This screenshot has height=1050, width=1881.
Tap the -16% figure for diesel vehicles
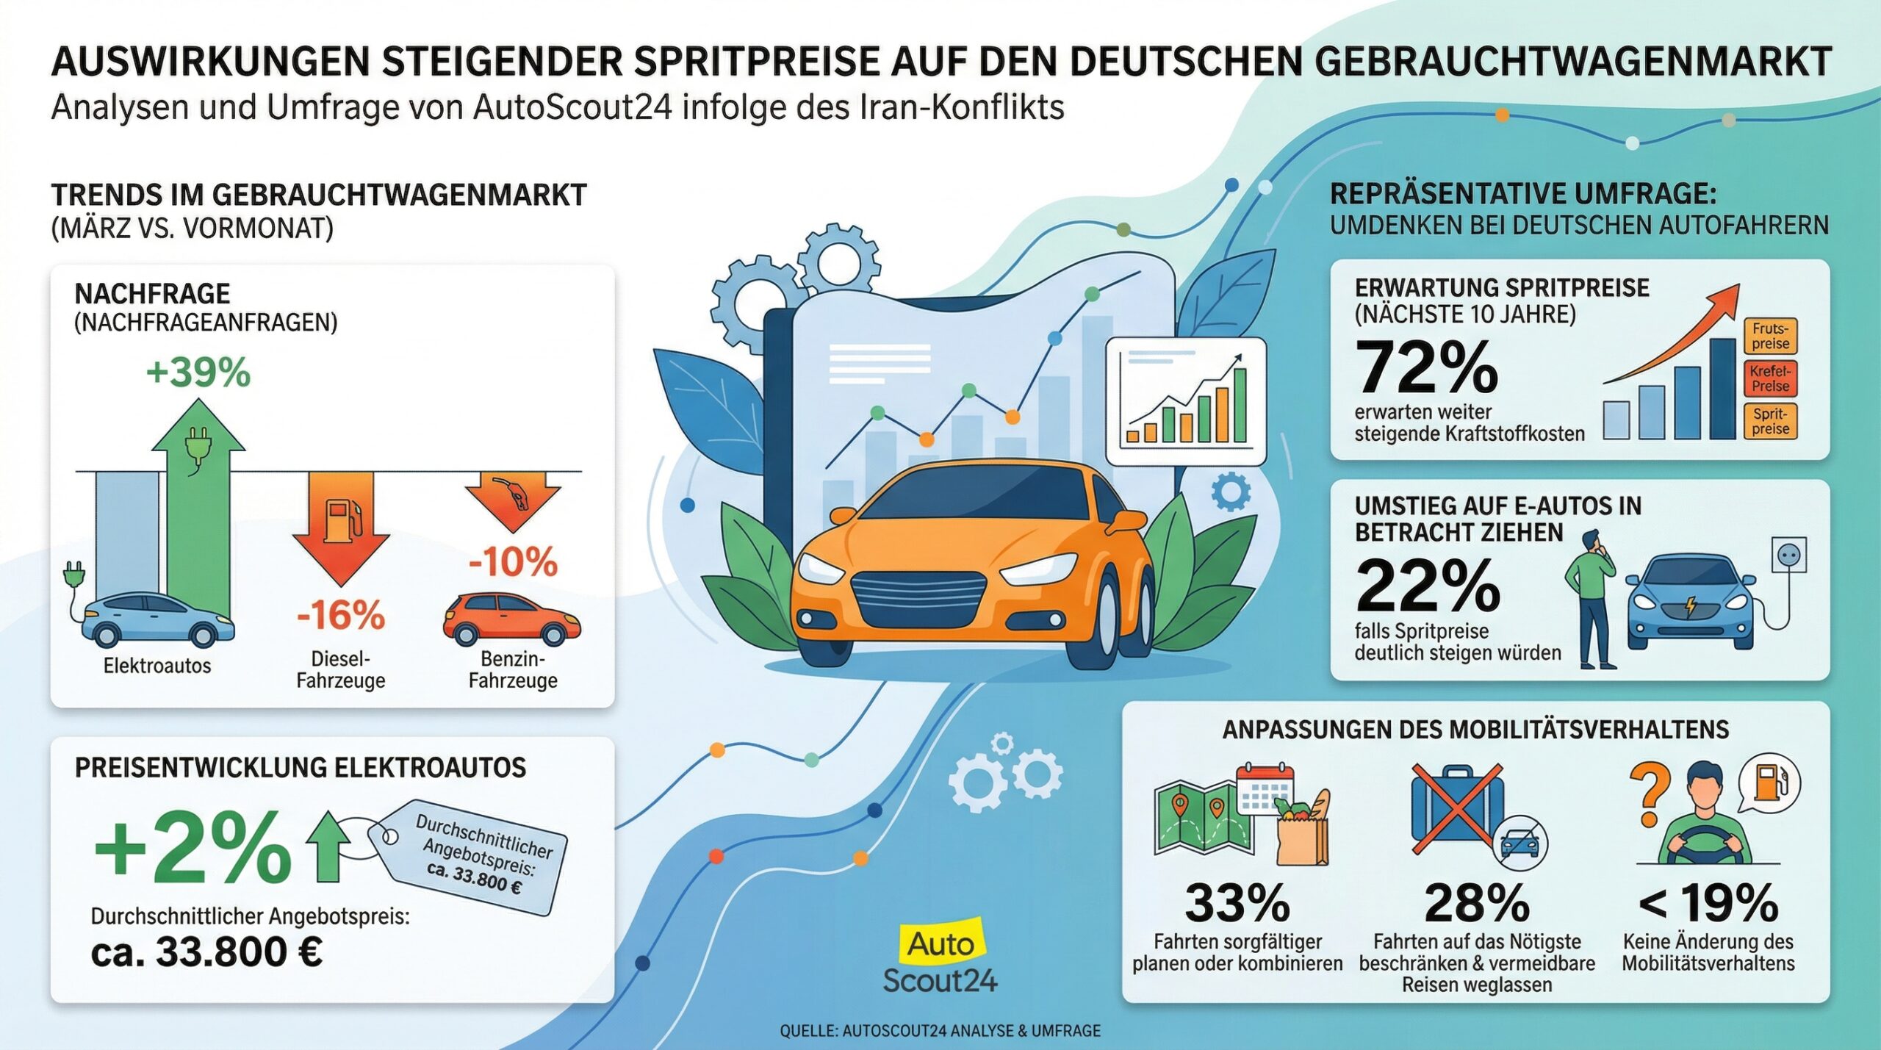point(340,614)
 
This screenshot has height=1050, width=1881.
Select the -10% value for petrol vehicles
point(514,562)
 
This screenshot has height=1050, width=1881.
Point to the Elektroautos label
point(157,666)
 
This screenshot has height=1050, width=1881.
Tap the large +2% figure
point(193,850)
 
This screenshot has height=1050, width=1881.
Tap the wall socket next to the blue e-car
point(1789,555)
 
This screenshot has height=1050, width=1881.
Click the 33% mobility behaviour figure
point(1237,903)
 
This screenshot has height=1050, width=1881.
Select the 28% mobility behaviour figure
point(1477,903)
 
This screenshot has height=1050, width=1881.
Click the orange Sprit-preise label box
point(1770,422)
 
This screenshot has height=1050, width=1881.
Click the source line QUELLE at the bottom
point(940,1031)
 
